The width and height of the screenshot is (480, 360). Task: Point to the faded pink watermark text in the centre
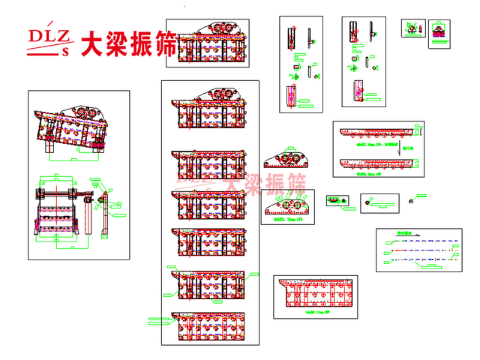[241, 183]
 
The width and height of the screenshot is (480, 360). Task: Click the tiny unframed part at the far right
[410, 200]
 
